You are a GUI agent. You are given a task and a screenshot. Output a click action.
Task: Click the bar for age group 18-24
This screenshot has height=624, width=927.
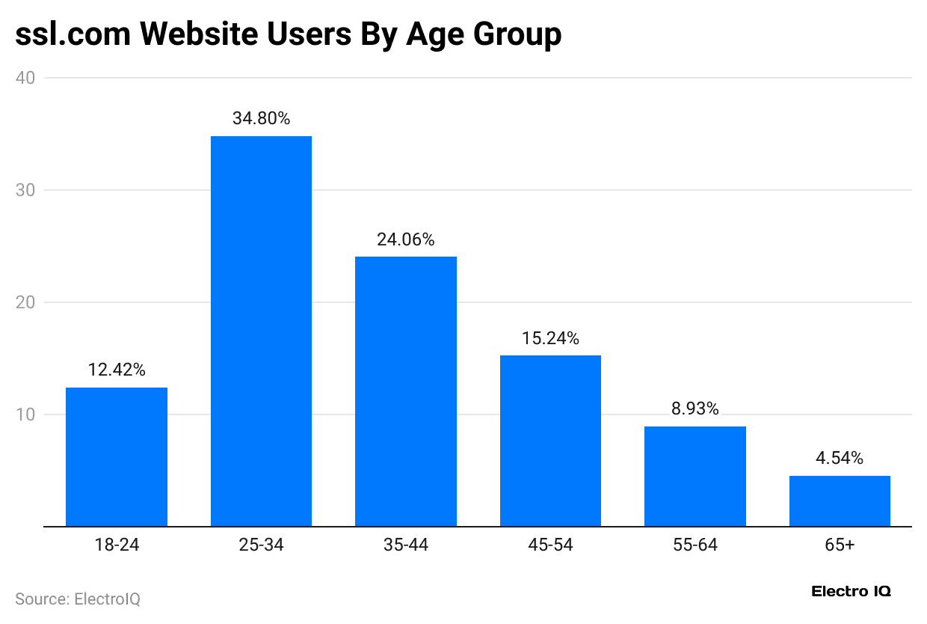tap(117, 456)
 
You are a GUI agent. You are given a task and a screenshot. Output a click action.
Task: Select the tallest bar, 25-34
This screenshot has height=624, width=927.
tap(261, 331)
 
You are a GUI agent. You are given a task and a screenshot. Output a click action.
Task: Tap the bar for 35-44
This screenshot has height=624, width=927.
tap(406, 391)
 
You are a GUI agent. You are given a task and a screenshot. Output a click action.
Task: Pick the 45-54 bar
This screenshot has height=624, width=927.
tap(550, 441)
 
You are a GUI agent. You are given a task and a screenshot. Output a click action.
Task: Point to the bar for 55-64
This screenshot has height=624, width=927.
tap(695, 476)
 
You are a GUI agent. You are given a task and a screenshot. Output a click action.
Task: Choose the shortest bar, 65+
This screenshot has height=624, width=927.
tap(840, 501)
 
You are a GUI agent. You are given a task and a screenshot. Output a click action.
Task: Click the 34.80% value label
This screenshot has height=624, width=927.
tap(261, 118)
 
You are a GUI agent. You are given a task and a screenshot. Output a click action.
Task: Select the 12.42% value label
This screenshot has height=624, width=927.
tap(117, 370)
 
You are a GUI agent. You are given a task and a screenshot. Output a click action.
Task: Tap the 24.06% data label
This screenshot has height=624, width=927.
tap(406, 239)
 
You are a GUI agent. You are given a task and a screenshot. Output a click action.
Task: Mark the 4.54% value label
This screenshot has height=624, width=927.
tap(840, 458)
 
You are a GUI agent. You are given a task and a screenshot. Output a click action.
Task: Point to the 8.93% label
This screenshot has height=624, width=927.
tap(695, 409)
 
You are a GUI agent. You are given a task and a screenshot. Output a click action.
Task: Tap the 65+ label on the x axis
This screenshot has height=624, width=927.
tap(840, 545)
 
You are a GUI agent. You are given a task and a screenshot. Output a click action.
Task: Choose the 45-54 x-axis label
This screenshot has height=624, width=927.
tap(550, 545)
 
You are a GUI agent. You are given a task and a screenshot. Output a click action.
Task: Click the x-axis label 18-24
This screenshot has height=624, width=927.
tap(117, 545)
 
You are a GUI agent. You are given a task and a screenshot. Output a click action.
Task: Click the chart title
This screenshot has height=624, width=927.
tap(288, 34)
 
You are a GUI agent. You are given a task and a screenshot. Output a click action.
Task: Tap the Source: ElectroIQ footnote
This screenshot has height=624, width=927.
tap(78, 599)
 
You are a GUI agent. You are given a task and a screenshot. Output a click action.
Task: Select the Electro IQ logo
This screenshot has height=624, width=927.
tap(851, 592)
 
